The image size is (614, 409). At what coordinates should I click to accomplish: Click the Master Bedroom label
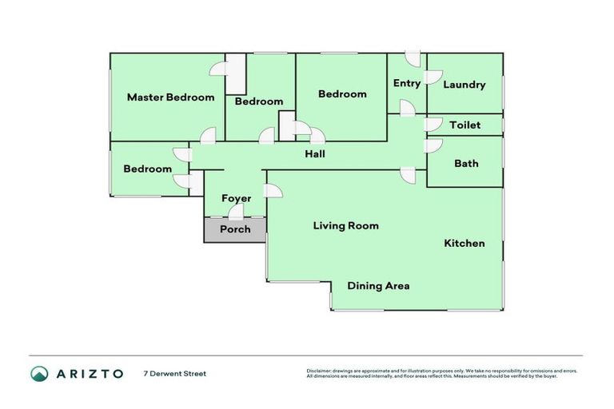point(170,97)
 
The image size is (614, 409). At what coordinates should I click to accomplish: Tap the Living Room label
point(345,226)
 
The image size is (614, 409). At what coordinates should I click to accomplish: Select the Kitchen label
point(464,243)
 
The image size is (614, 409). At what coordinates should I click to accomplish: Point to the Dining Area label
point(378,285)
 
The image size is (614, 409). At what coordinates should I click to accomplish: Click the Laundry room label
point(464,85)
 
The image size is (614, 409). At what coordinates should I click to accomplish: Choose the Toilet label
point(464,125)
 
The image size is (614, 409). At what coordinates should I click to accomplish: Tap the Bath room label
point(466,164)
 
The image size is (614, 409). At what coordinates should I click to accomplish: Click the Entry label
point(406,83)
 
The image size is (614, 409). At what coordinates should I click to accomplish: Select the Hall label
point(314,154)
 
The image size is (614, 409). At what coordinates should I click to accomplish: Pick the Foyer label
point(237,198)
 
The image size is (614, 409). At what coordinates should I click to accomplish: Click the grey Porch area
point(235,229)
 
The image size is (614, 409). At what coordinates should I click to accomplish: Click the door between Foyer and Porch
point(236,212)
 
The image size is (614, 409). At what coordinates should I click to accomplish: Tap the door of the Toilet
point(433,125)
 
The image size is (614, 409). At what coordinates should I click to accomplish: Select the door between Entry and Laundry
point(433,77)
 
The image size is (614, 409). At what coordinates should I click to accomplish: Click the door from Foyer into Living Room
point(272,191)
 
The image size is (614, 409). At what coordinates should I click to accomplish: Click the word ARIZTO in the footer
point(90,374)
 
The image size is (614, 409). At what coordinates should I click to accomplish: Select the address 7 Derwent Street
point(174,374)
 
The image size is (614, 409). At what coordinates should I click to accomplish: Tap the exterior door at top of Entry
point(412,59)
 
